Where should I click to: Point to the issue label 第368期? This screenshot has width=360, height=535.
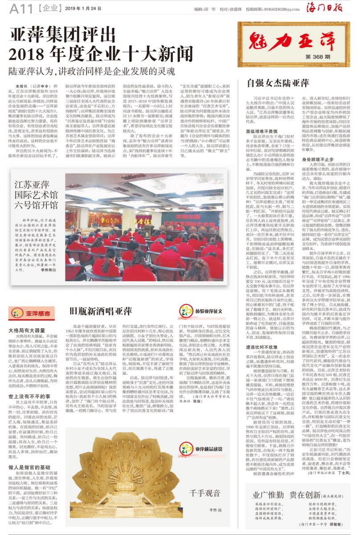tap(318, 58)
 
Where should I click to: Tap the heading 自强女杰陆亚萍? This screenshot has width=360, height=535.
tap(278, 83)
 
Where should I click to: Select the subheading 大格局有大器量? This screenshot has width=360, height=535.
tap(27, 331)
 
